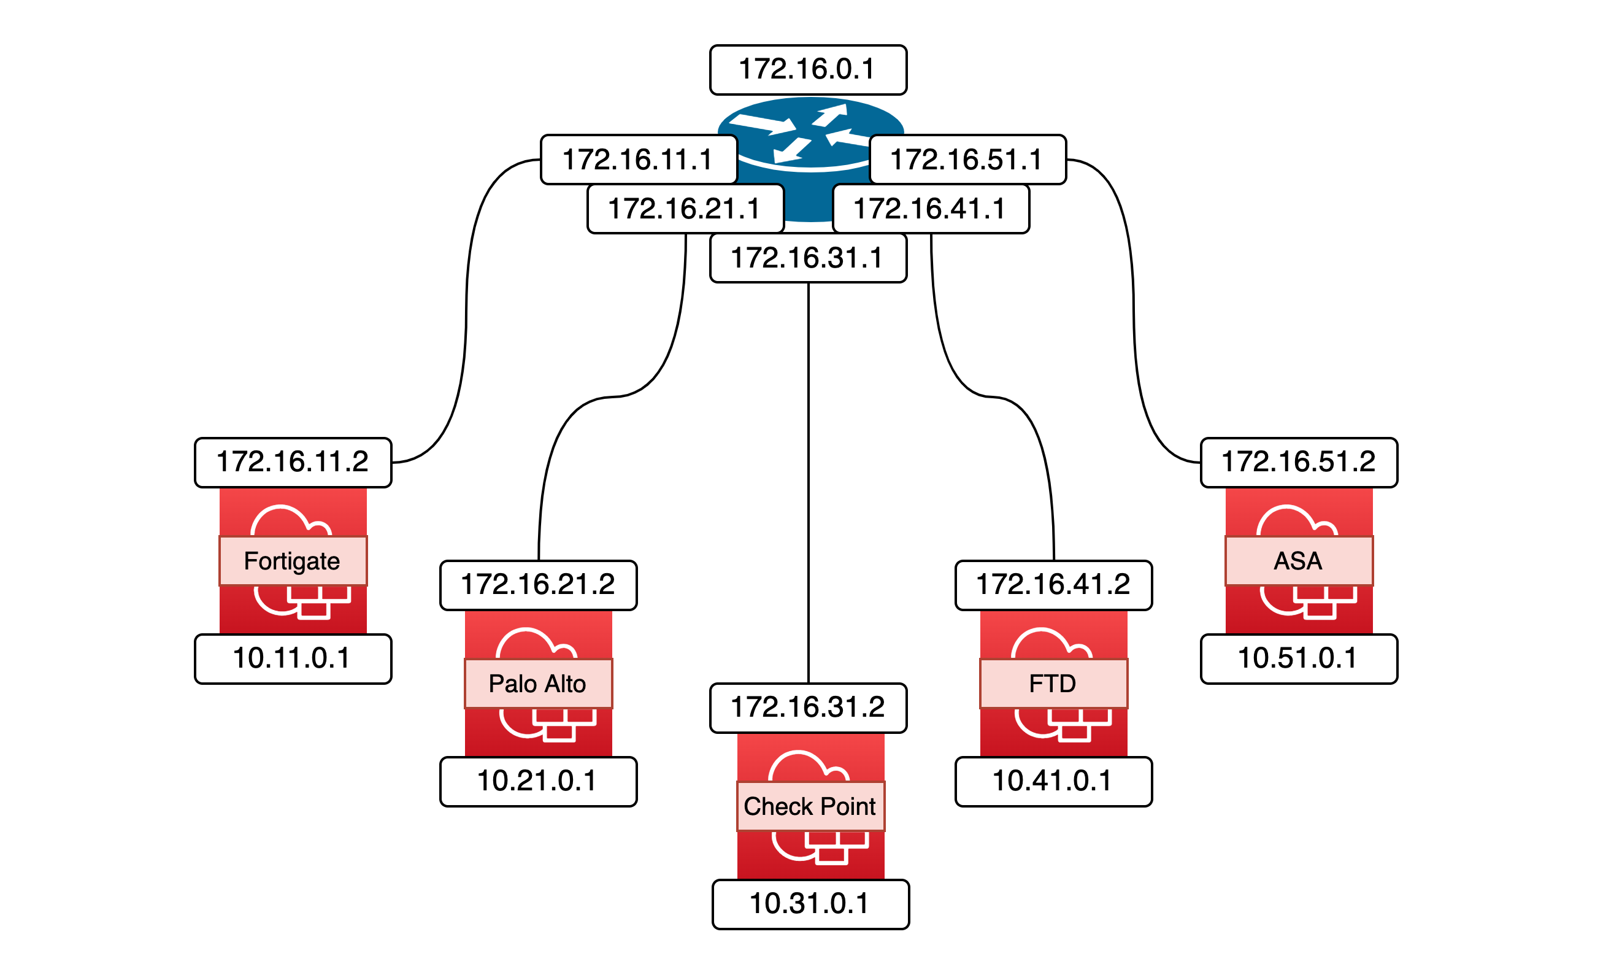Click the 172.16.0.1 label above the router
click(x=808, y=70)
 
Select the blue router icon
click(x=810, y=125)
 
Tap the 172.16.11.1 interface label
click(x=639, y=160)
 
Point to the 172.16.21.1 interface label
click(x=685, y=209)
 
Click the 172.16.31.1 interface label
click(x=808, y=258)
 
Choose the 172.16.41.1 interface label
click(x=931, y=209)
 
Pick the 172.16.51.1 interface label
click(x=967, y=160)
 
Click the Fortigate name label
click(x=293, y=561)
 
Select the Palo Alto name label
click(x=537, y=684)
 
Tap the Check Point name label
click(x=810, y=806)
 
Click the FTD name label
click(x=1053, y=684)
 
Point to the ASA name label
click(x=1299, y=561)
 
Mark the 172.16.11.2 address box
click(x=293, y=463)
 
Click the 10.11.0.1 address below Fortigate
click(x=293, y=659)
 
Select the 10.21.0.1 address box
click(x=537, y=781)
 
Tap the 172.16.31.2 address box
click(x=808, y=708)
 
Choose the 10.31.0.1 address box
click(x=810, y=904)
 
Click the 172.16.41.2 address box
click(x=1053, y=585)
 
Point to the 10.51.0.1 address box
click(x=1299, y=659)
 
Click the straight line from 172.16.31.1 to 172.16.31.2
click(x=808, y=485)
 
